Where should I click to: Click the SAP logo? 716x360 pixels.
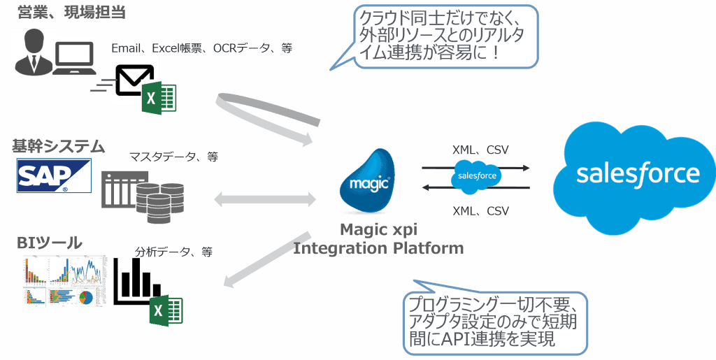click(x=54, y=175)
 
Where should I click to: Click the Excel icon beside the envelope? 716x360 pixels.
click(x=159, y=98)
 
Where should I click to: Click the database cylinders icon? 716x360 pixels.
click(x=162, y=202)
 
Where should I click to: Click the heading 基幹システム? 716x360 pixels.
click(x=57, y=147)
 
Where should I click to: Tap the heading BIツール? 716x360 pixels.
click(x=49, y=243)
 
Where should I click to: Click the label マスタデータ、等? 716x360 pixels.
click(x=173, y=157)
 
